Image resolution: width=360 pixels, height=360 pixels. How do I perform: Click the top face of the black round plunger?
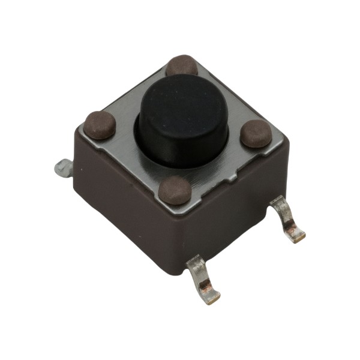pyautogui.click(x=183, y=105)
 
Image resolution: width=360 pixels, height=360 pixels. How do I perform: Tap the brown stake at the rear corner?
pyautogui.click(x=182, y=65)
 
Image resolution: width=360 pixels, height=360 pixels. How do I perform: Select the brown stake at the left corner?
pyautogui.click(x=99, y=125)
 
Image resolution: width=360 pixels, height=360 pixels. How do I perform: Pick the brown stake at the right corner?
pyautogui.click(x=257, y=133)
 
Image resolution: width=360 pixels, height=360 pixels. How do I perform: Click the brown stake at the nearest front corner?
pyautogui.click(x=176, y=190)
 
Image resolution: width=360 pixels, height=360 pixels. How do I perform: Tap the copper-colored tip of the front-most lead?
pyautogui.click(x=210, y=295)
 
